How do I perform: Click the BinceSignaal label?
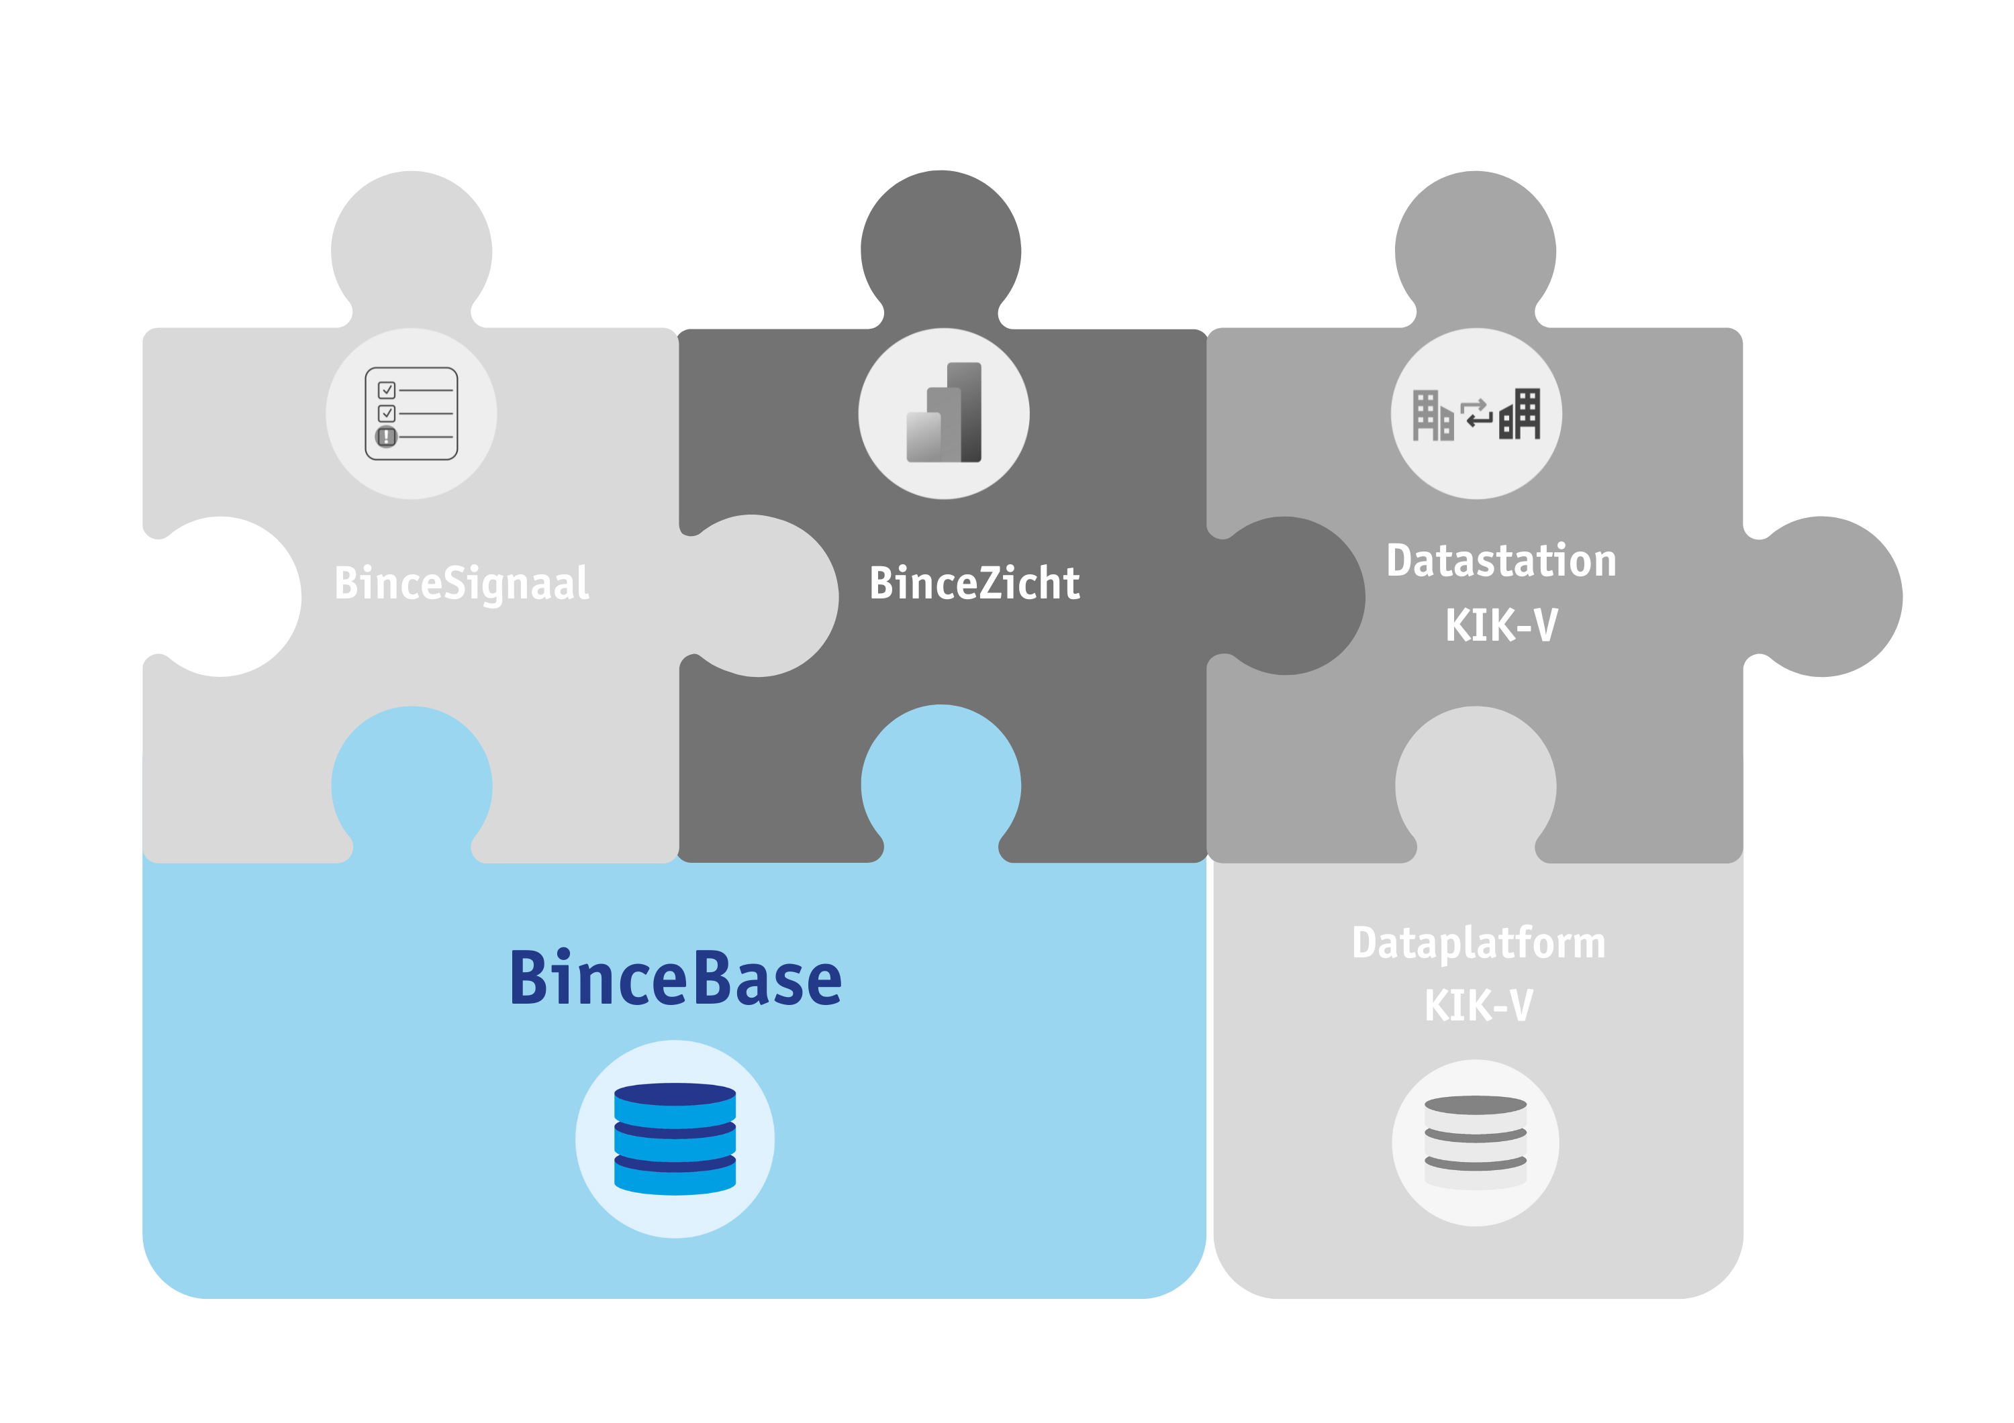click(461, 584)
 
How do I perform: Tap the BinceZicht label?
click(973, 584)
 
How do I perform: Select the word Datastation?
click(1501, 561)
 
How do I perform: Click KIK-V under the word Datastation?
click(1501, 625)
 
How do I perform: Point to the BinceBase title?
click(675, 978)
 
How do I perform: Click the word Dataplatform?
click(1478, 943)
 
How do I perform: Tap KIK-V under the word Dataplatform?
click(1478, 1006)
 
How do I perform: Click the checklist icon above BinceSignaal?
click(412, 414)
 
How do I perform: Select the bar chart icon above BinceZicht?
click(944, 413)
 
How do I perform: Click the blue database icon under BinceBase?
click(675, 1139)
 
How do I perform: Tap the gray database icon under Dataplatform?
click(1476, 1143)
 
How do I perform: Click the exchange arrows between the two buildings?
click(1476, 413)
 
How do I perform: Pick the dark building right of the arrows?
click(1520, 415)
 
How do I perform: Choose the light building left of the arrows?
click(1431, 415)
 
